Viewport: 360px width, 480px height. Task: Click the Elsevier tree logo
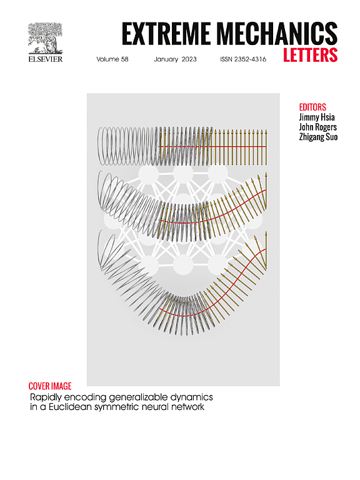(45, 39)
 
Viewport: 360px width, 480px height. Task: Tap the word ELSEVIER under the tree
(46, 59)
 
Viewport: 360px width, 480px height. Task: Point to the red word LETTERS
(310, 55)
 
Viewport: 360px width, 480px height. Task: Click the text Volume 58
(112, 59)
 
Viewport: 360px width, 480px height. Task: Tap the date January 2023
(175, 59)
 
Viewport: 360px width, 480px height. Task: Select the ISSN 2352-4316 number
(243, 59)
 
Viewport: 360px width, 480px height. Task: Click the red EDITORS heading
(312, 107)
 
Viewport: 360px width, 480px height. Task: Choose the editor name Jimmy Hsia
(317, 117)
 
